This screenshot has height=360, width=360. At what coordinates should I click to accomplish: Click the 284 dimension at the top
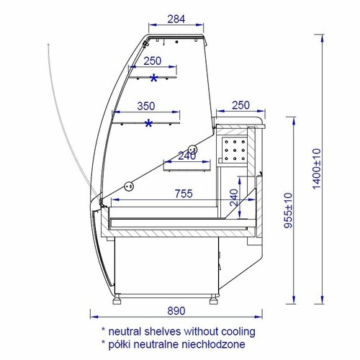click(176, 19)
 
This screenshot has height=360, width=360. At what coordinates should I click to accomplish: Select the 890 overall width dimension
click(176, 311)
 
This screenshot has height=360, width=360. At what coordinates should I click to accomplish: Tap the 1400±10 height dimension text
click(317, 169)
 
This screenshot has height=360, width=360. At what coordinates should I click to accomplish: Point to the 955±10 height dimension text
click(288, 210)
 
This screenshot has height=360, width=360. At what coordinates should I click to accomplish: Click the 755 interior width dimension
click(184, 194)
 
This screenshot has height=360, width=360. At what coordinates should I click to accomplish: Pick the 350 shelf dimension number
click(146, 106)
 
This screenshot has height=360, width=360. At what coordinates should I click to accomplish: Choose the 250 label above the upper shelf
click(153, 61)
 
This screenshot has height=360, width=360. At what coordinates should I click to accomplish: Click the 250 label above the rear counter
click(240, 105)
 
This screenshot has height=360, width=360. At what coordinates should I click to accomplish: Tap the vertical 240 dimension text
click(234, 198)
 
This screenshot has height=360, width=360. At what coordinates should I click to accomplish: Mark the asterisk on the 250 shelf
click(153, 78)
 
